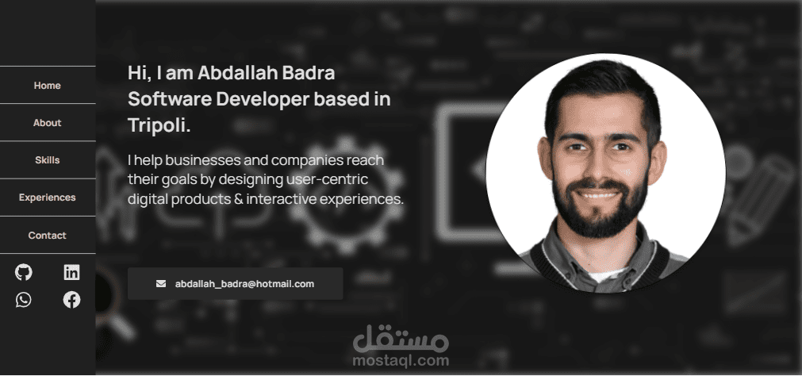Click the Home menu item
point(47,86)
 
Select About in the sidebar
point(47,123)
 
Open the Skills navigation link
point(47,160)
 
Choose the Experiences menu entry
point(47,198)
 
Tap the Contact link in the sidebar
point(47,236)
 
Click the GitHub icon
point(24,272)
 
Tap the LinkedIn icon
point(71,272)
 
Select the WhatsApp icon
point(24,299)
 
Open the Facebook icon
point(71,299)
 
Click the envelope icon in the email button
point(160,283)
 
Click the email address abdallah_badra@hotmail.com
point(244,284)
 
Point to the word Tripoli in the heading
point(159,125)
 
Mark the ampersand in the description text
point(238,199)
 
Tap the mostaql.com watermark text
point(401,361)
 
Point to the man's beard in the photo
point(600,209)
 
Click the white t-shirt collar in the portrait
point(608,275)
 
